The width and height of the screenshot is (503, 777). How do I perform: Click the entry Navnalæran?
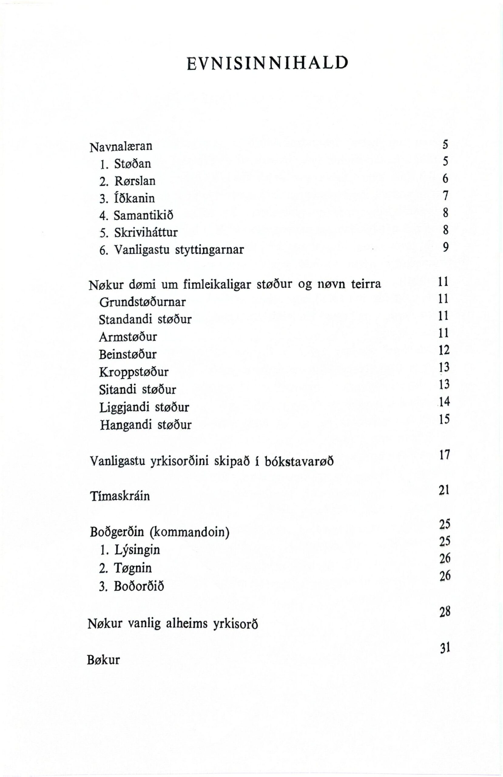[121, 147]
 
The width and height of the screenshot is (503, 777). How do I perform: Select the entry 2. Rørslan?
[128, 181]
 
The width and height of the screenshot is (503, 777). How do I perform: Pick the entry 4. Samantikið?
[137, 216]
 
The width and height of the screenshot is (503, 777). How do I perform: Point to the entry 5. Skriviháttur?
[139, 233]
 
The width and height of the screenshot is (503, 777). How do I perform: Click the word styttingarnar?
[209, 250]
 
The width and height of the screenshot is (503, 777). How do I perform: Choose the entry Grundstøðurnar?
[142, 302]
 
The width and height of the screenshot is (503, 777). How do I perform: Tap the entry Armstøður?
[128, 337]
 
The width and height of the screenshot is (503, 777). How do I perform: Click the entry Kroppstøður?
[134, 372]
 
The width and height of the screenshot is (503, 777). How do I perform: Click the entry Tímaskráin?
[120, 496]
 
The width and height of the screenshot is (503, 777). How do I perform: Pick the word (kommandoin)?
[189, 532]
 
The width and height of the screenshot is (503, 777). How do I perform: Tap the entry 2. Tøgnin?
[126, 568]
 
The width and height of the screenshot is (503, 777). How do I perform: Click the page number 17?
[444, 454]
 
